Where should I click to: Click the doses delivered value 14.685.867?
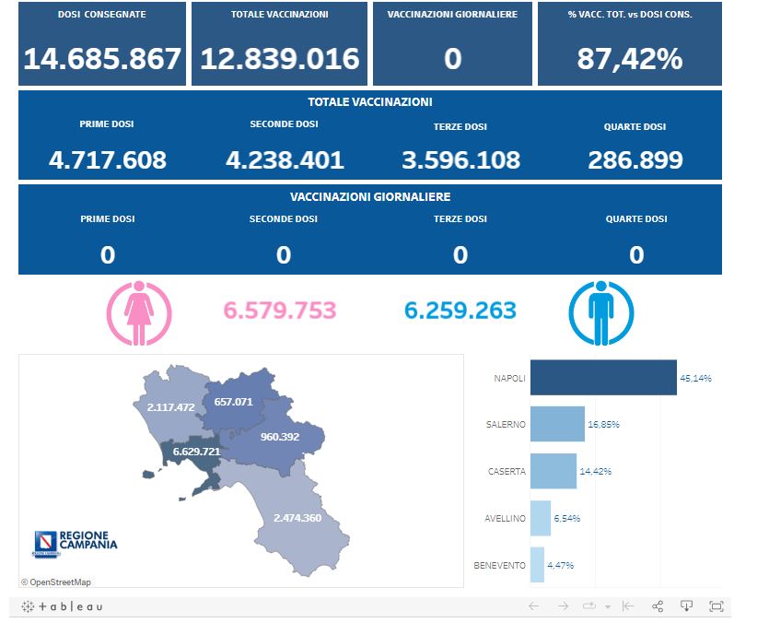point(102,59)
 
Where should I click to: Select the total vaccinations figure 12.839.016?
point(280,59)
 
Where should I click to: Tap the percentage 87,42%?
point(630,59)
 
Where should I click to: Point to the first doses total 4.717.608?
point(108,160)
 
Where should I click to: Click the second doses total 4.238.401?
point(285,160)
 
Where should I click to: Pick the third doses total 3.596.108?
point(460,160)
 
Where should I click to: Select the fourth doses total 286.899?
point(635,160)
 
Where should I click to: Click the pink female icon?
point(139,313)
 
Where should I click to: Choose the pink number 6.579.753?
point(280,311)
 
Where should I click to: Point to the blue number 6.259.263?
point(460,311)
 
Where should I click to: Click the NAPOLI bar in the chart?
point(603,378)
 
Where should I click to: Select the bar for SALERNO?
point(557,424)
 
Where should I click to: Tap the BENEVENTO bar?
point(537,565)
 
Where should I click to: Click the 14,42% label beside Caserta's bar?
point(596,471)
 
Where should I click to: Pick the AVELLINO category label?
point(505,518)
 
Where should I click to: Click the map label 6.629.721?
point(196,452)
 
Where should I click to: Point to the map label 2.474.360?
point(297,518)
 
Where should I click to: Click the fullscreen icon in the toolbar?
point(717,605)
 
